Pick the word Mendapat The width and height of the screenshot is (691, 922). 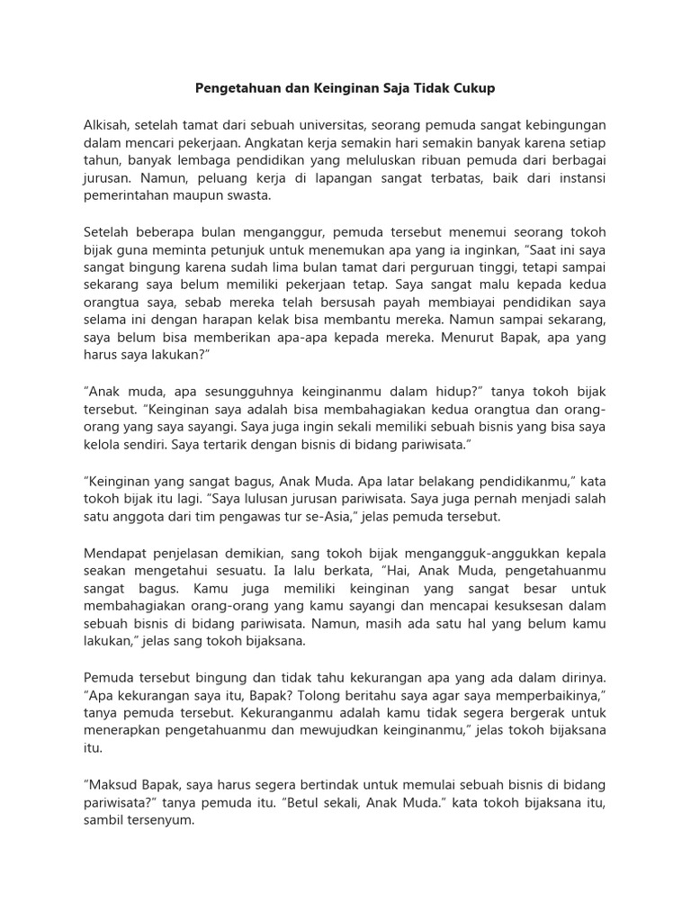114,551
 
